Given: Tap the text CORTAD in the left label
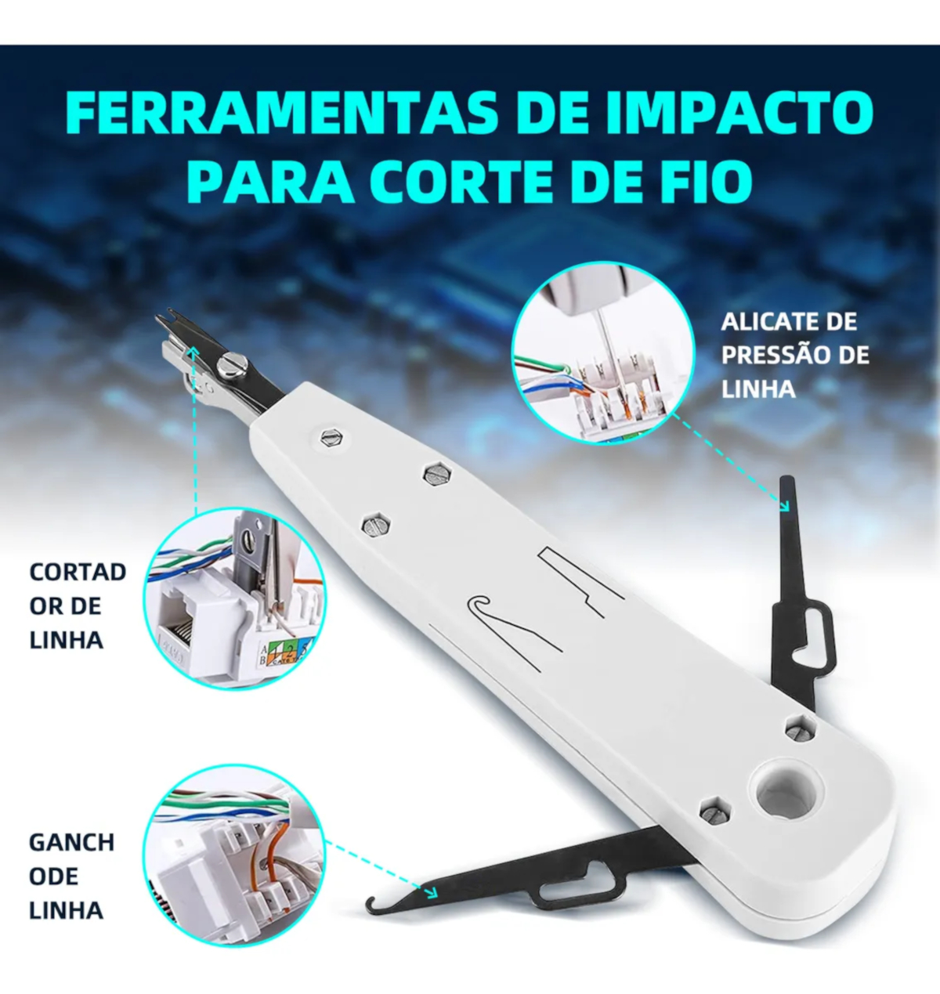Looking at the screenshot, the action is (78, 573).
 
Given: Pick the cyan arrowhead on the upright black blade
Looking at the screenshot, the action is (783, 505).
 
